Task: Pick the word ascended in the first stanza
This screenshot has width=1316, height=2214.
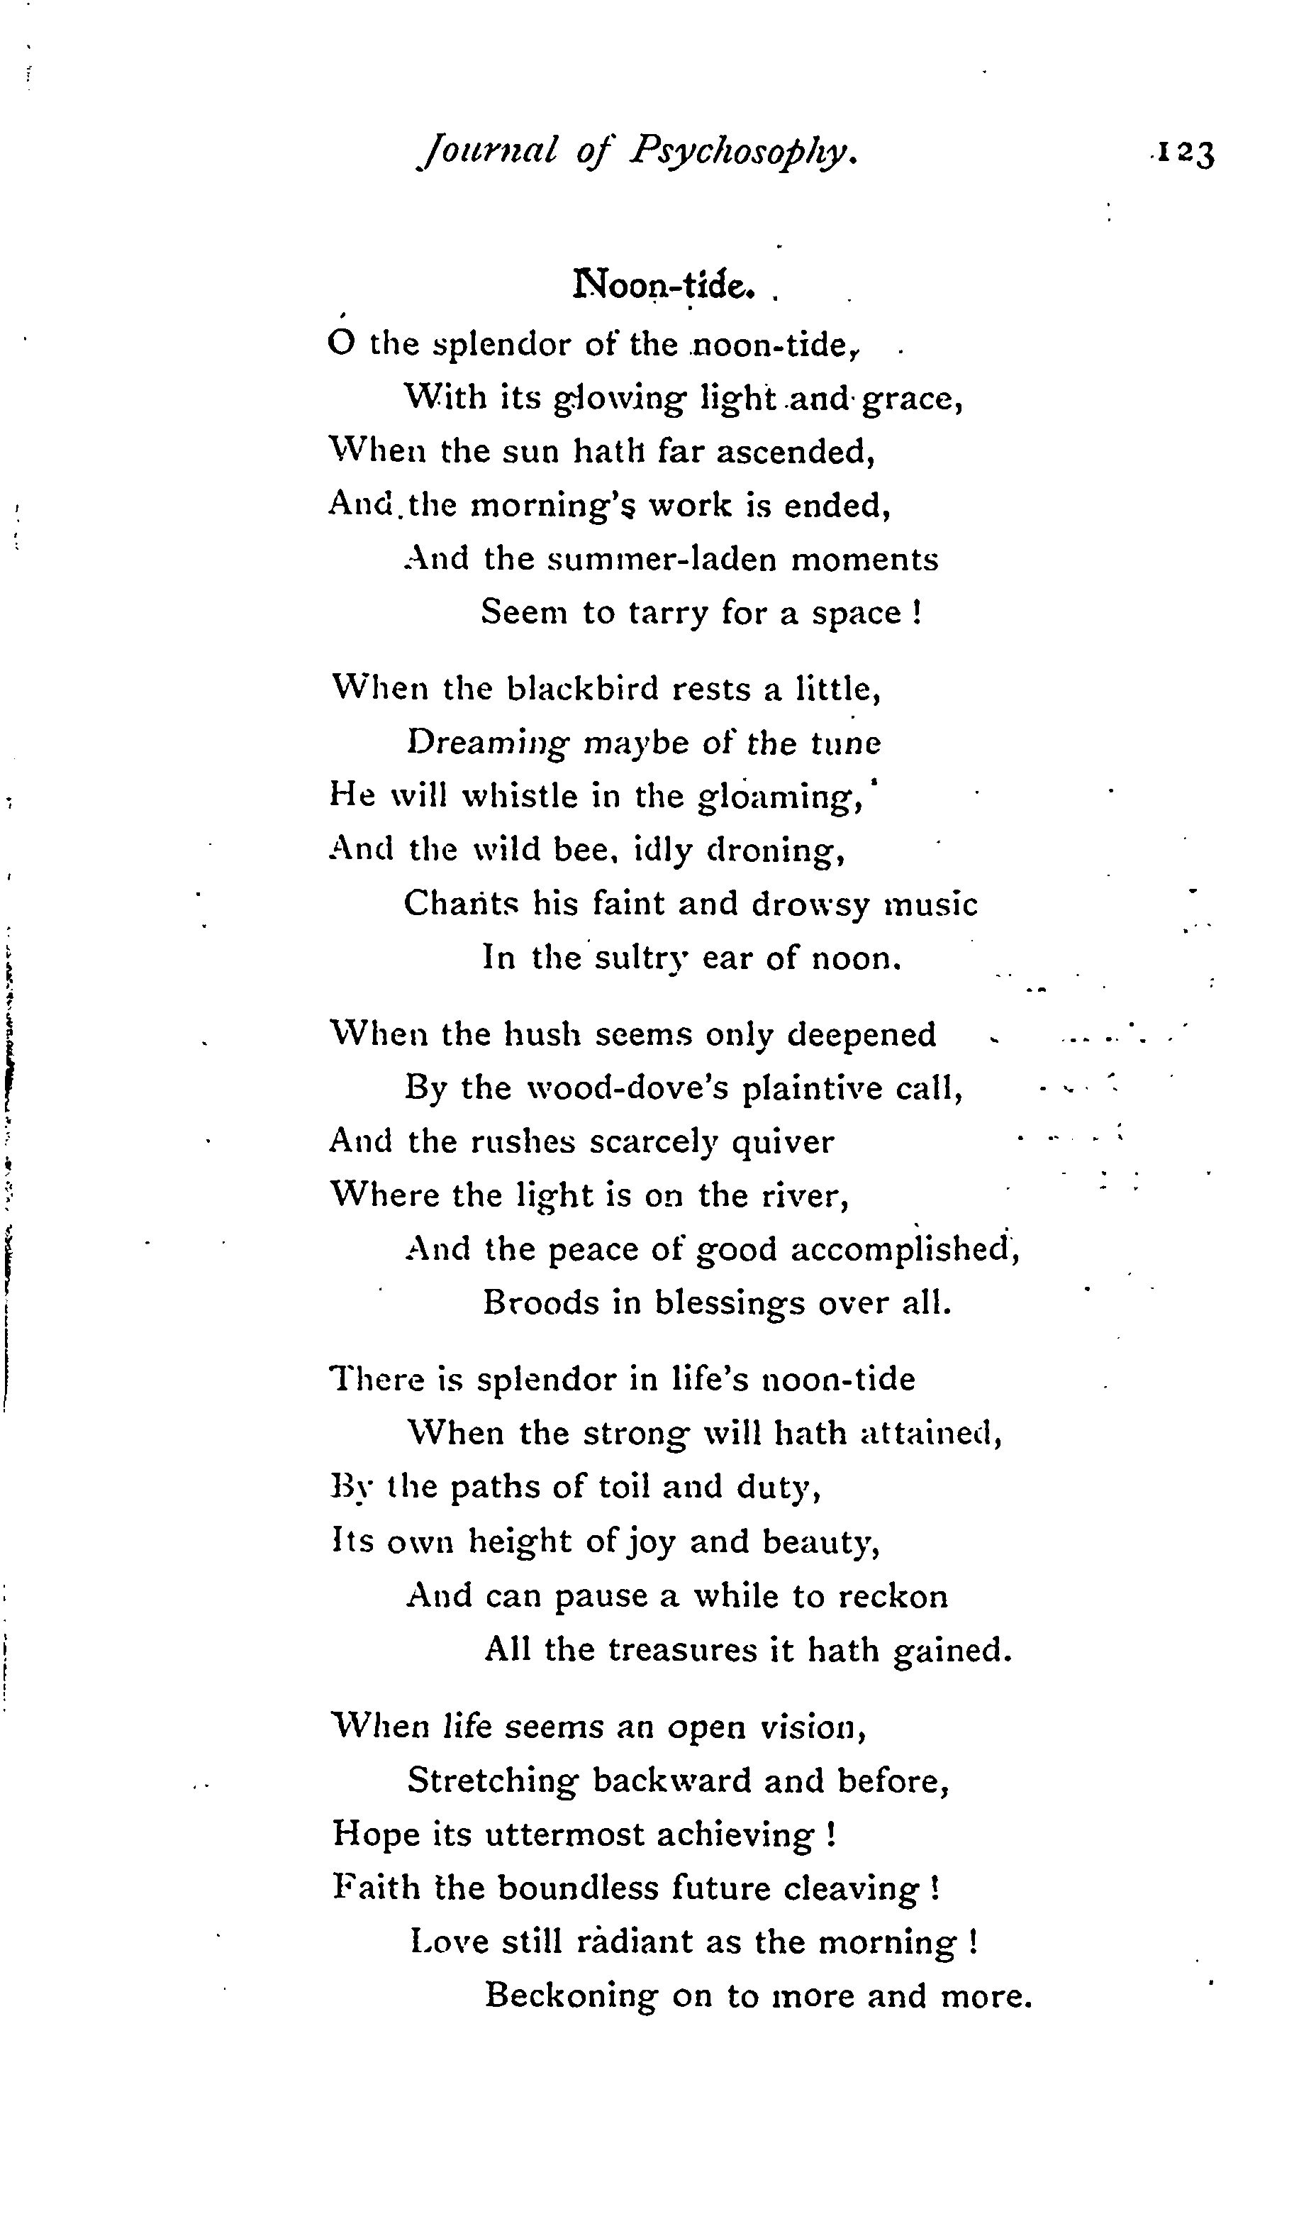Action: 796,453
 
